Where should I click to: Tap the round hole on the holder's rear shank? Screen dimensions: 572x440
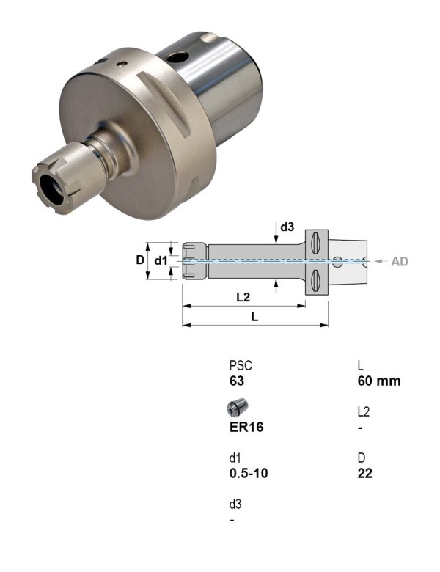(x=178, y=56)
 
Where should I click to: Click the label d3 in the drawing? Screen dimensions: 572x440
(x=286, y=227)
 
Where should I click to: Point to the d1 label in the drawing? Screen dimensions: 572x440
(x=161, y=260)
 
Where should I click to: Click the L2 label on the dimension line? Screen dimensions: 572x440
(x=243, y=297)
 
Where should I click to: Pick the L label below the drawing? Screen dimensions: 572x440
(x=254, y=317)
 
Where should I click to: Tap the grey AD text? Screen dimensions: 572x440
(x=400, y=261)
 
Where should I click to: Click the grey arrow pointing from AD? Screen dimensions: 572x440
(x=378, y=261)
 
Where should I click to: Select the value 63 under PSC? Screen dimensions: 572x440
(x=236, y=381)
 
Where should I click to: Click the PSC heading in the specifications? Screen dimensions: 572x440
(x=241, y=365)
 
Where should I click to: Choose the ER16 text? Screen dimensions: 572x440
(x=246, y=428)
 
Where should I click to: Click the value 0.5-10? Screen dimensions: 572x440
(x=249, y=474)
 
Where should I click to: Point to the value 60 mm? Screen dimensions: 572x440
(x=378, y=381)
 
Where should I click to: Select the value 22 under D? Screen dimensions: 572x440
(x=364, y=474)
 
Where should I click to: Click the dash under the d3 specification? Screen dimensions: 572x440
(x=232, y=520)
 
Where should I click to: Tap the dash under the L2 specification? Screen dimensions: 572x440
(x=359, y=428)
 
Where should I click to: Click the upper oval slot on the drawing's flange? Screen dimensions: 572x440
(x=316, y=243)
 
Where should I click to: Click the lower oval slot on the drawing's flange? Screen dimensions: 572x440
(x=316, y=279)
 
